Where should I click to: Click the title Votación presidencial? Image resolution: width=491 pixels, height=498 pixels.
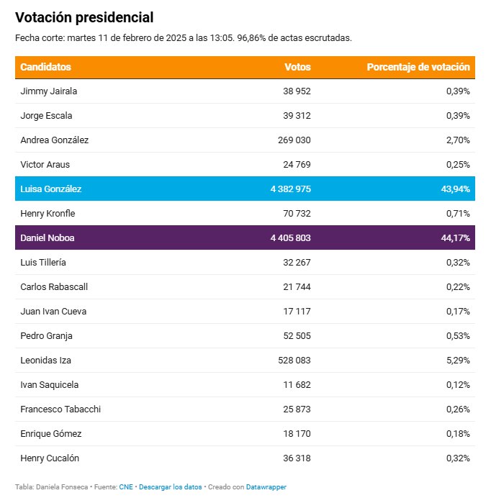click(84, 17)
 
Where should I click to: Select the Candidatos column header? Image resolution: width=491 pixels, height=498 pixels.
click(46, 67)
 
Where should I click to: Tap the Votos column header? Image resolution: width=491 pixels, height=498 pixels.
click(297, 67)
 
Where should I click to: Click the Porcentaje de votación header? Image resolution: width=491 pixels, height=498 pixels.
click(418, 67)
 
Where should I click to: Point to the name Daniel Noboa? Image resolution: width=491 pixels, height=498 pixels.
click(48, 238)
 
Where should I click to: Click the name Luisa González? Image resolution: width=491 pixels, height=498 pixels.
click(51, 189)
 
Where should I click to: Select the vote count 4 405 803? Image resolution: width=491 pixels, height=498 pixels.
click(290, 238)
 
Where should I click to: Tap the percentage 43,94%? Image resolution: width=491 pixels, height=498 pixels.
click(456, 189)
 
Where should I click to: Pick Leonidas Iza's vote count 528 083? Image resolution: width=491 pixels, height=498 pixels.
click(294, 360)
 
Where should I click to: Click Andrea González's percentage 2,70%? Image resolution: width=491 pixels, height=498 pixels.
click(458, 140)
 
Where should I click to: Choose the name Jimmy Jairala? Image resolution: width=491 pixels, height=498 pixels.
click(49, 91)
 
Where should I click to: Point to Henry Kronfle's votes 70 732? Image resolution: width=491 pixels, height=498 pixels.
click(297, 214)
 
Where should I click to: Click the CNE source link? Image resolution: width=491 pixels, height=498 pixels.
click(126, 487)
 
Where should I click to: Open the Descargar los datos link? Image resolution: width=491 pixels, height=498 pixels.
click(171, 487)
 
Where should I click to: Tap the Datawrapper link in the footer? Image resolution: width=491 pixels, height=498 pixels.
click(266, 487)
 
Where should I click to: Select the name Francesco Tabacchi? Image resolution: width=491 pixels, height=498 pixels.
click(60, 409)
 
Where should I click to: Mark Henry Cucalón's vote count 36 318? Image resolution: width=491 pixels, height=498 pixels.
click(297, 458)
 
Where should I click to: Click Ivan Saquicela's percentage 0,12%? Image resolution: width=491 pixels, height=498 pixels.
click(458, 384)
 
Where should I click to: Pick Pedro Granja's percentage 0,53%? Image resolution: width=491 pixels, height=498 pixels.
click(458, 335)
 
